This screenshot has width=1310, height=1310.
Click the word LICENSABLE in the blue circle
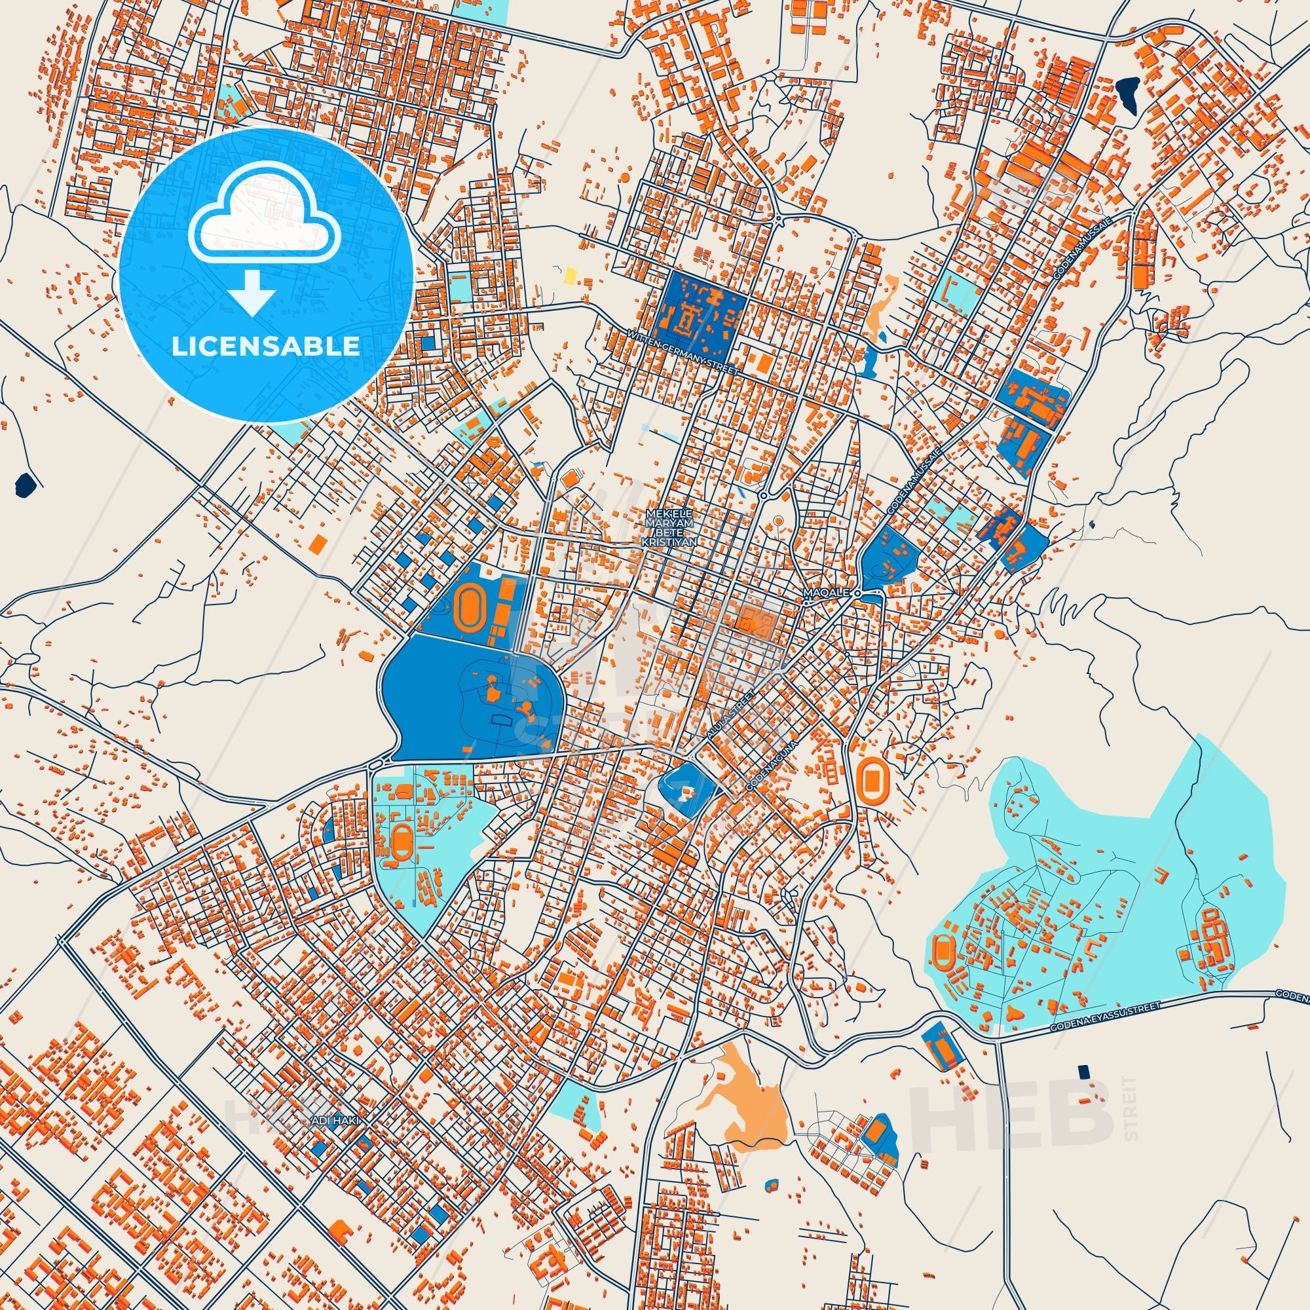point(266,346)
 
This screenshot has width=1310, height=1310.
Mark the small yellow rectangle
point(571,274)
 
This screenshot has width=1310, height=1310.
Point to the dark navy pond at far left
point(25,483)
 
